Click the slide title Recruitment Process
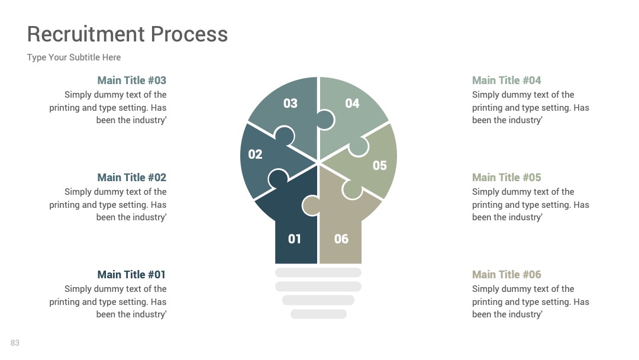click(x=127, y=34)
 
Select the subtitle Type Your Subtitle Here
click(x=74, y=57)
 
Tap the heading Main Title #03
click(x=131, y=81)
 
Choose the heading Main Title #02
click(x=131, y=178)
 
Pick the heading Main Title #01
click(x=131, y=274)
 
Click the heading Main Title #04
click(x=506, y=81)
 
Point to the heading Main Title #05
click(x=506, y=178)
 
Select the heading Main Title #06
click(x=506, y=274)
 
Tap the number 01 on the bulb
click(x=294, y=239)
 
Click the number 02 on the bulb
click(x=255, y=154)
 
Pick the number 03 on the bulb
click(x=291, y=104)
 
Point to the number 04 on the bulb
click(x=352, y=104)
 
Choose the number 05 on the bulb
click(x=379, y=166)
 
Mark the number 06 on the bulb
click(x=341, y=239)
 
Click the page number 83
click(x=15, y=343)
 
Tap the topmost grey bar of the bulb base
click(x=318, y=272)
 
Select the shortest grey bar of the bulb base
click(x=319, y=314)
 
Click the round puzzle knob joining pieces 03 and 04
click(x=325, y=120)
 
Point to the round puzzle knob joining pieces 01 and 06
click(x=311, y=205)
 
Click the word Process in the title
click(x=189, y=34)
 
